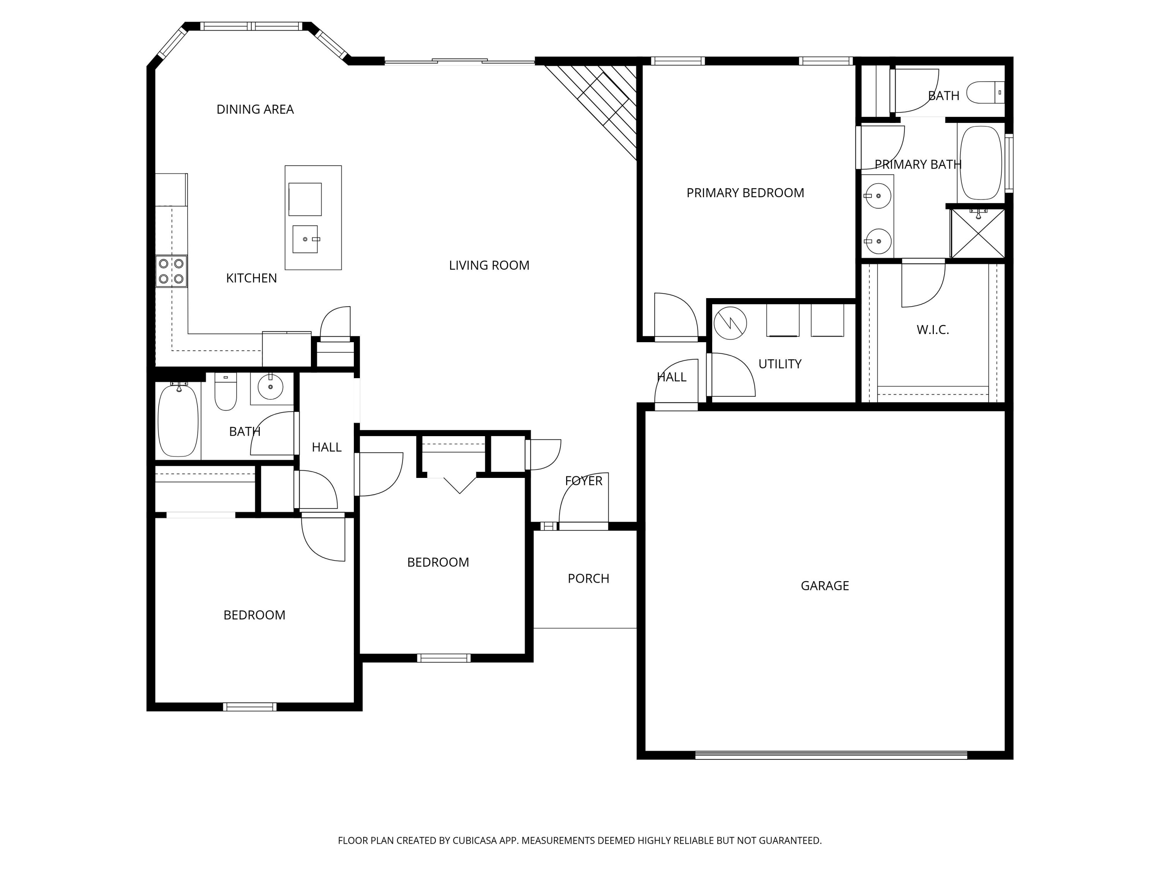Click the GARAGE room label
point(824,586)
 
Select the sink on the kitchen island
point(305,239)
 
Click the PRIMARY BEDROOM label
point(745,193)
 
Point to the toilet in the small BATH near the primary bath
point(984,92)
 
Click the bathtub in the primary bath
point(980,162)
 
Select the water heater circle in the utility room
point(730,323)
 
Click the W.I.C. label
point(932,330)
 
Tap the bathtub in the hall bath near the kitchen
point(178,420)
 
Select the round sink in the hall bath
point(270,387)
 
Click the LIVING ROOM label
point(489,265)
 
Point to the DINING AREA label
point(255,109)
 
